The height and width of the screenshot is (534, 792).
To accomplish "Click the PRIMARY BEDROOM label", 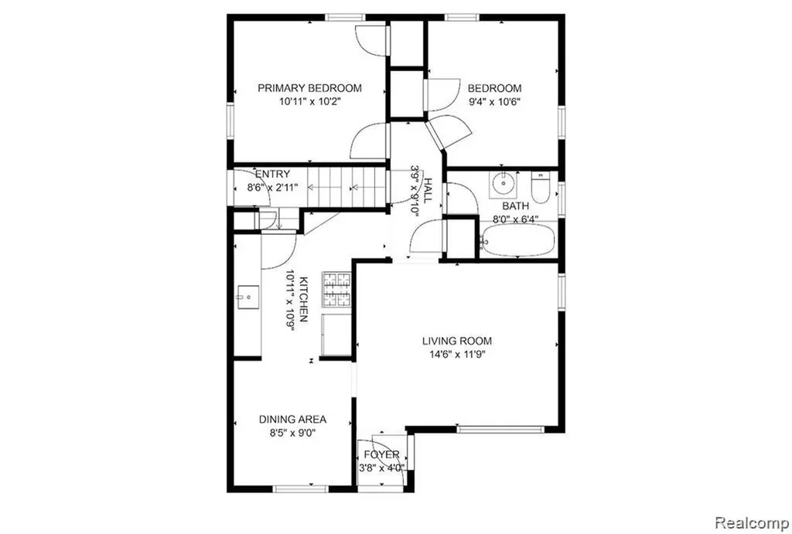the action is click(309, 88).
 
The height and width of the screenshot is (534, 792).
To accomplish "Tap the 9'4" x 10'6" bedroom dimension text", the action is click(494, 101).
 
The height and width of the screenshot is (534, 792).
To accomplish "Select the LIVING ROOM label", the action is click(457, 342).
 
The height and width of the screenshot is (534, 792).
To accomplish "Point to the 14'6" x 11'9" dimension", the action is click(457, 354).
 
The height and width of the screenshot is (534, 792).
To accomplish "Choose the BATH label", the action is click(516, 206).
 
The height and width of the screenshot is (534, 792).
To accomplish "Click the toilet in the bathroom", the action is click(540, 188).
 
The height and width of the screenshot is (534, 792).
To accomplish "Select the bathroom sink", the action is click(503, 185).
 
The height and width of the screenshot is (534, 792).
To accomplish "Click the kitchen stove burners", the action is click(336, 290).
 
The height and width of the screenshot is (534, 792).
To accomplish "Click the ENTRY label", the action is click(273, 175).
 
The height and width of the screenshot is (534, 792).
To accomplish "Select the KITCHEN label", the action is click(303, 299).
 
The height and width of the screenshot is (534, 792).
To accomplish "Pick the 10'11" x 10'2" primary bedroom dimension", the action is click(309, 101).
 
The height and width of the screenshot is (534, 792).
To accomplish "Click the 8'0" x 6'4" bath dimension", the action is click(516, 219).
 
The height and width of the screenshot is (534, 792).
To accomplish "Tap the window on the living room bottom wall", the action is click(500, 430).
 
